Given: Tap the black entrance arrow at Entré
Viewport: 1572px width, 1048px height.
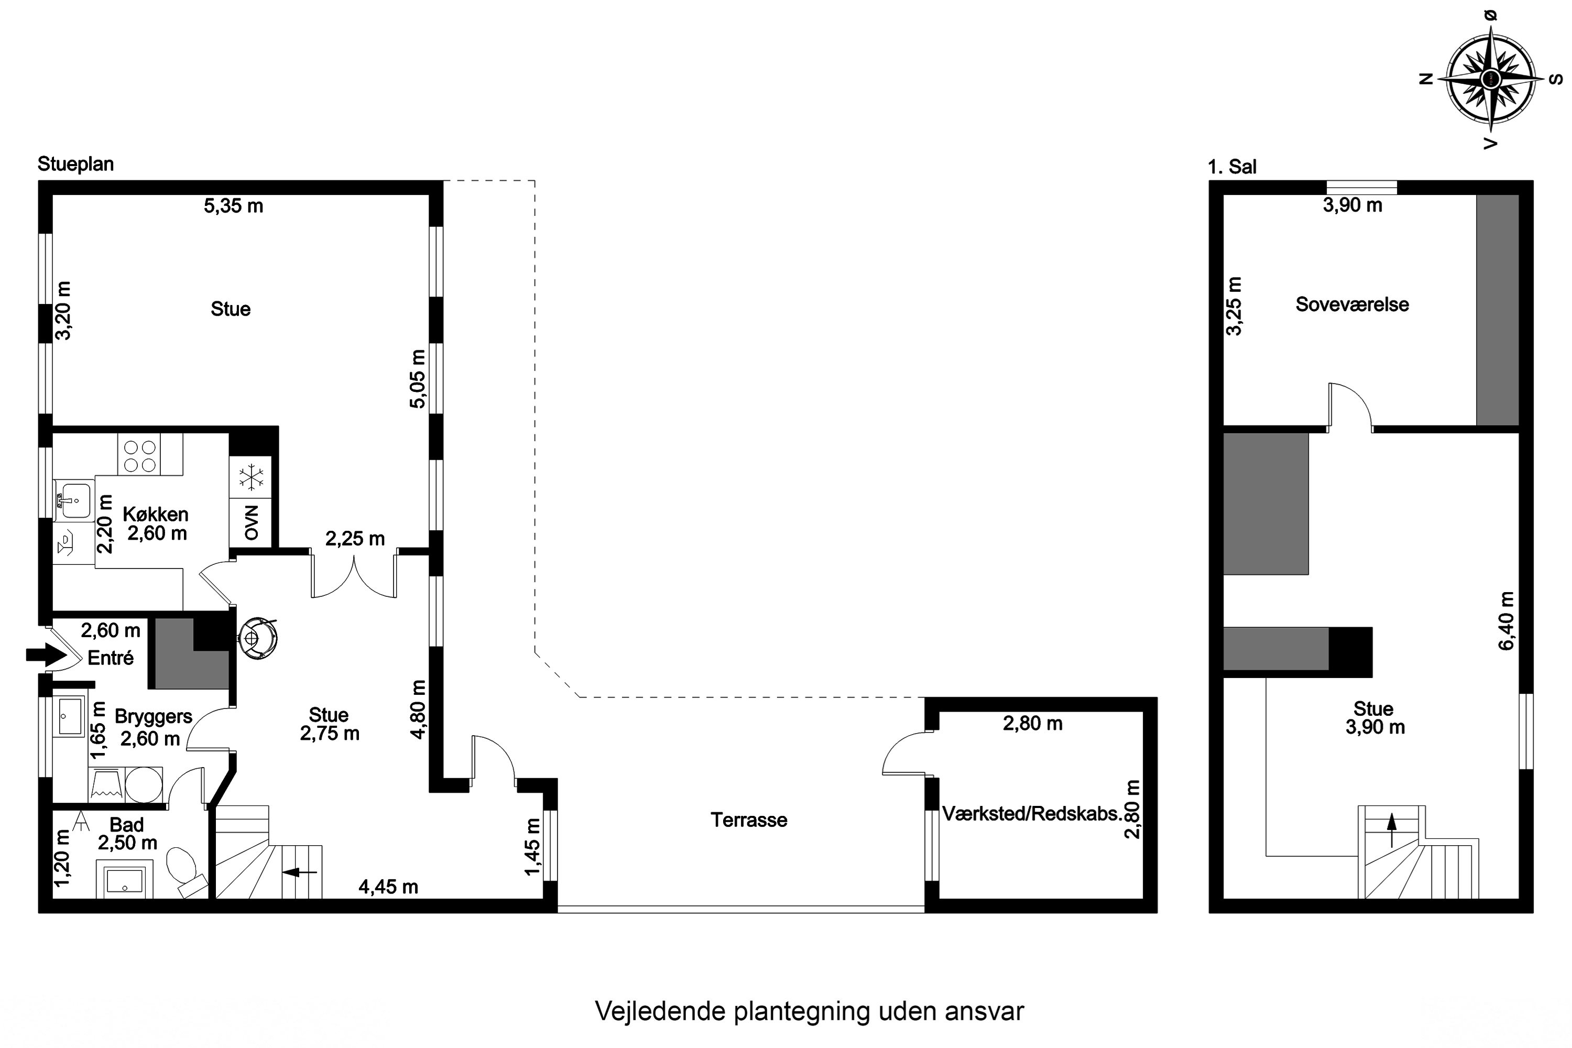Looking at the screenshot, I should [x=43, y=654].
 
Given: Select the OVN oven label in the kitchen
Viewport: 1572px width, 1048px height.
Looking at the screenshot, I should [x=250, y=522].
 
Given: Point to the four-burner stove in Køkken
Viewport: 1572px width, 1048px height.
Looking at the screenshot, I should [x=140, y=456].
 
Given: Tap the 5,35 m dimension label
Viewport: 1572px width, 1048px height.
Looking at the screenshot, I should [x=233, y=206].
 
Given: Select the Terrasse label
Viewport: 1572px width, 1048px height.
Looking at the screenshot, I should [x=749, y=820].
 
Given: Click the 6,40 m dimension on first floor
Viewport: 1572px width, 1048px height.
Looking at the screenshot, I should [x=1506, y=620].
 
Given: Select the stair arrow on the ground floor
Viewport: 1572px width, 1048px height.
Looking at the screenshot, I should [x=299, y=871].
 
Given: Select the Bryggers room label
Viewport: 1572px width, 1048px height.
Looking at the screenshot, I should [x=153, y=716].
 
